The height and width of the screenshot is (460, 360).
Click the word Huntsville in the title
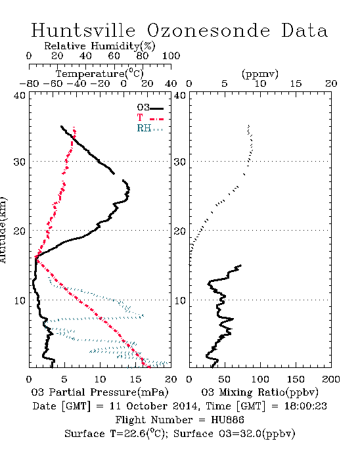pyautogui.click(x=83, y=30)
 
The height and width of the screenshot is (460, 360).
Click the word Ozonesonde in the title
pyautogui.click(x=208, y=30)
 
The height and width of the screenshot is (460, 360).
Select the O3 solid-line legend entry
pyautogui.click(x=150, y=108)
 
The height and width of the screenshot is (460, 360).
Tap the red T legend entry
pyautogui.click(x=150, y=118)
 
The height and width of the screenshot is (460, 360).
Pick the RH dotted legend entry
pyautogui.click(x=150, y=128)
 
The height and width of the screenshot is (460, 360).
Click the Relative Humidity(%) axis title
pyautogui.click(x=100, y=46)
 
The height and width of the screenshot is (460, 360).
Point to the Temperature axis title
pyautogui.click(x=100, y=74)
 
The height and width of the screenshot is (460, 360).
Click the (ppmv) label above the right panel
pyautogui.click(x=260, y=74)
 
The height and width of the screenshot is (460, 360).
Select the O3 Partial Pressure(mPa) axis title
pyautogui.click(x=100, y=392)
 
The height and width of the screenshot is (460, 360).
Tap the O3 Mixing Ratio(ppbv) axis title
pyautogui.click(x=259, y=392)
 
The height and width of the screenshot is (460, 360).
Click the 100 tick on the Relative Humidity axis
pyautogui.click(x=171, y=56)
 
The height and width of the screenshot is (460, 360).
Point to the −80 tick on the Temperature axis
pyautogui.click(x=29, y=83)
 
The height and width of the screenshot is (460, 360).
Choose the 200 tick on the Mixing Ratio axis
pyautogui.click(x=331, y=379)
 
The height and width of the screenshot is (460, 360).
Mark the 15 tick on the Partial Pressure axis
pyautogui.click(x=135, y=379)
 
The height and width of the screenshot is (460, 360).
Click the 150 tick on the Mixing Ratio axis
pyautogui.click(x=296, y=379)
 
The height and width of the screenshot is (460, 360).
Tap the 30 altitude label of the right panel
pyautogui.click(x=180, y=162)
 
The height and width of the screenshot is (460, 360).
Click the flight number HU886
pyautogui.click(x=227, y=420)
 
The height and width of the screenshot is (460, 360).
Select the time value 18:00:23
pyautogui.click(x=305, y=406)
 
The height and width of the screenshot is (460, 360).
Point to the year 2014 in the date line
pyautogui.click(x=185, y=406)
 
